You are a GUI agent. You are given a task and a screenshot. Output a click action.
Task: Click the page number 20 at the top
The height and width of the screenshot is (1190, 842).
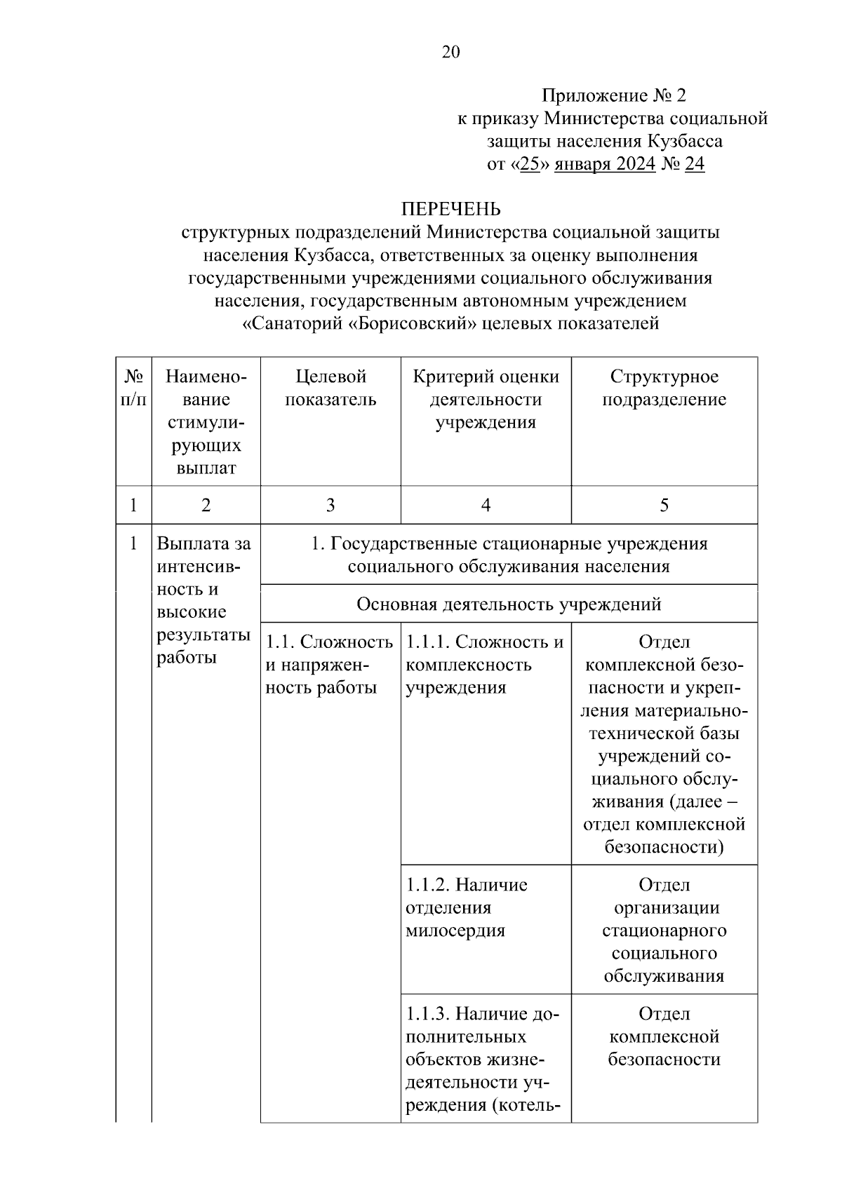click(x=450, y=52)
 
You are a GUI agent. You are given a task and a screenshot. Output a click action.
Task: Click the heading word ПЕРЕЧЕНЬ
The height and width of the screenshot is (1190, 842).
click(x=450, y=209)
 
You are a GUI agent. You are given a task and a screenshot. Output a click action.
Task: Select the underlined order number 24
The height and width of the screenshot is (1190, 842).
click(x=694, y=164)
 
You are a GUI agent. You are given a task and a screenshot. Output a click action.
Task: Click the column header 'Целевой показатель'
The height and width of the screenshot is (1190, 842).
click(x=330, y=388)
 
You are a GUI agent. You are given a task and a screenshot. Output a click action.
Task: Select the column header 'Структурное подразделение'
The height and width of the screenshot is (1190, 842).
click(x=664, y=388)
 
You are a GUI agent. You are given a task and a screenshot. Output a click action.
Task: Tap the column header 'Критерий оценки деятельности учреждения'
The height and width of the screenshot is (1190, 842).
click(x=486, y=399)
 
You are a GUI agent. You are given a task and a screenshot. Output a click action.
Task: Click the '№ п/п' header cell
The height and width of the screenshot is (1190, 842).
click(x=133, y=388)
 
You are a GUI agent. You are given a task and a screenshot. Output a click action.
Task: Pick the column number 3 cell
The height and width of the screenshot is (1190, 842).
click(x=330, y=505)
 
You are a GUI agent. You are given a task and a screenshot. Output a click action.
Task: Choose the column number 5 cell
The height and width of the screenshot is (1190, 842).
click(x=664, y=505)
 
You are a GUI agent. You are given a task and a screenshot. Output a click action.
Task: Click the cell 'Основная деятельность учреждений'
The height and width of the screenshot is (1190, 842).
click(x=509, y=604)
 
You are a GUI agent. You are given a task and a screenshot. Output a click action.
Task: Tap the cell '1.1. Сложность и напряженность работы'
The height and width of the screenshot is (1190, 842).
click(x=329, y=665)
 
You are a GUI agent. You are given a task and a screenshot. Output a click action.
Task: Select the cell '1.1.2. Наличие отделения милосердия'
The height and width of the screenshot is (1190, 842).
click(x=467, y=907)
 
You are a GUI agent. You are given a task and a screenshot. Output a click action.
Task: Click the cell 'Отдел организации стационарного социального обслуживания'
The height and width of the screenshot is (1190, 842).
click(x=664, y=930)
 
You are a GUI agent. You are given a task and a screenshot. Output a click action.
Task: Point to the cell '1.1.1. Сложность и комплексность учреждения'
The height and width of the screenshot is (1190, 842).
click(x=485, y=665)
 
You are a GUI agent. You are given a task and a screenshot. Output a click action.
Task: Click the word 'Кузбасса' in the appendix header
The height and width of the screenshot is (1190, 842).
click(x=685, y=141)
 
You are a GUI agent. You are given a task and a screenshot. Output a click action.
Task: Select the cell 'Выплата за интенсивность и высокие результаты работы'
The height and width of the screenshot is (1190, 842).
click(x=204, y=600)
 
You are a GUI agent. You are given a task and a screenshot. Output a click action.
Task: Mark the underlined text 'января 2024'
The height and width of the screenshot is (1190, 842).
click(x=605, y=164)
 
